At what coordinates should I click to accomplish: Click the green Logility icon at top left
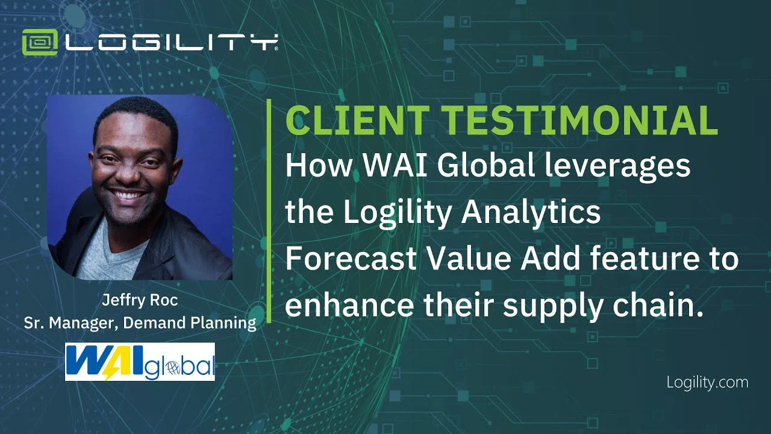click(40, 42)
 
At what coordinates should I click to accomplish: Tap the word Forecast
click(351, 259)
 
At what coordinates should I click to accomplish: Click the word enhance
click(349, 305)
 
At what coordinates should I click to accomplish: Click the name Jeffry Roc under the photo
click(140, 300)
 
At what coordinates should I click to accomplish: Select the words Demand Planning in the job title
click(190, 324)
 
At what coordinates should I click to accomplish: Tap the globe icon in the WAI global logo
click(172, 369)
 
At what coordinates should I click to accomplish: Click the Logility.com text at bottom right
click(707, 383)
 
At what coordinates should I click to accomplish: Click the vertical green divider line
click(269, 211)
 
